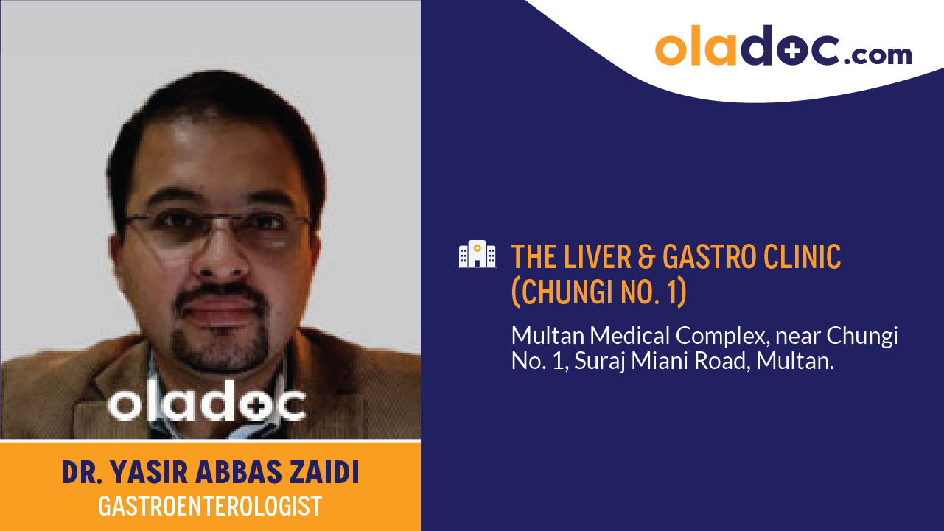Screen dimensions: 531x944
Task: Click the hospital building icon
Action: pyautogui.click(x=476, y=254)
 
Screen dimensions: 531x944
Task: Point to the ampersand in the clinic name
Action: pyautogui.click(x=647, y=256)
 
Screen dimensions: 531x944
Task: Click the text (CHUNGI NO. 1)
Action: pyautogui.click(x=598, y=292)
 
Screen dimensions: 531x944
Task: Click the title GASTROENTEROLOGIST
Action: pyautogui.click(x=210, y=506)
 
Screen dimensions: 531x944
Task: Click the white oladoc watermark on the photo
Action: pyautogui.click(x=207, y=403)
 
